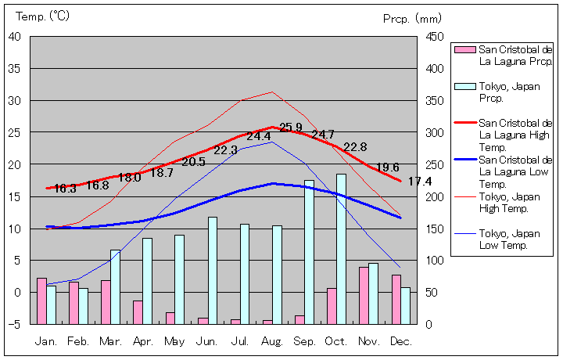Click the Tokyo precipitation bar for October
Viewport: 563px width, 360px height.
click(341, 249)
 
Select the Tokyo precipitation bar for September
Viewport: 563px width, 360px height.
click(309, 252)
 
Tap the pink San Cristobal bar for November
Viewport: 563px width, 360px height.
click(364, 295)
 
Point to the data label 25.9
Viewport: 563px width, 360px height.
click(291, 128)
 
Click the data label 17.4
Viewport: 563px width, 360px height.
click(420, 182)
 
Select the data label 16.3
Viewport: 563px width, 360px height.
click(65, 189)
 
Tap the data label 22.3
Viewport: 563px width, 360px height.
click(225, 149)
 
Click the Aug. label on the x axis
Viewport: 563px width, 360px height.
click(271, 341)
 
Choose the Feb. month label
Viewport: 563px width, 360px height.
click(78, 341)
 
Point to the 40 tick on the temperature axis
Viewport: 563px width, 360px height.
click(16, 36)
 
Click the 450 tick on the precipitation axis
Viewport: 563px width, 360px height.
click(436, 36)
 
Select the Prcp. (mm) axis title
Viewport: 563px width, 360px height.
click(412, 18)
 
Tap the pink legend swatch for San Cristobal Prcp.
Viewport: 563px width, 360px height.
click(464, 49)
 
